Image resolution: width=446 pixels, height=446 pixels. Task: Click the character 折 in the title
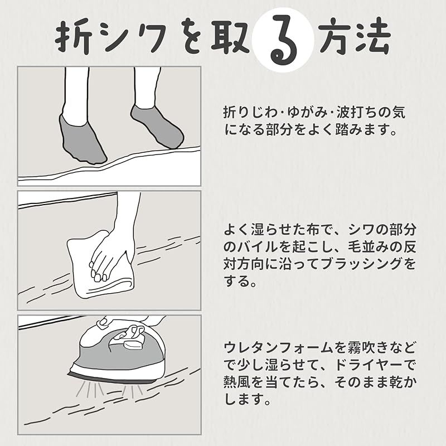coord(74,39)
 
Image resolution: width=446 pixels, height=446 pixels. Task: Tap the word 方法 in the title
coord(355,38)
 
